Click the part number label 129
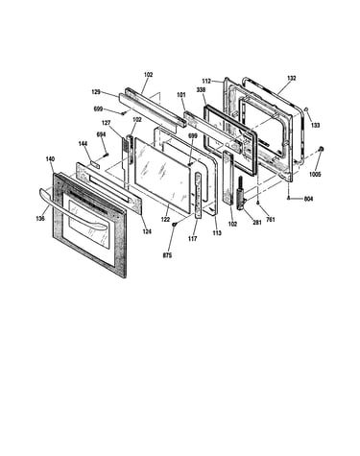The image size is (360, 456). click(96, 92)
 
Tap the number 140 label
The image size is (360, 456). click(50, 159)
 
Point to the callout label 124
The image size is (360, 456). click(147, 231)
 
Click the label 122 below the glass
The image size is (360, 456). click(165, 220)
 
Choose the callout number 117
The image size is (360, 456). click(193, 238)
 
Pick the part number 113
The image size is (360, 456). click(217, 233)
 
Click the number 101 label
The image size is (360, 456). click(181, 95)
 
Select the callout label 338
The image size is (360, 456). click(201, 90)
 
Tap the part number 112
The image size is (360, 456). click(206, 82)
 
